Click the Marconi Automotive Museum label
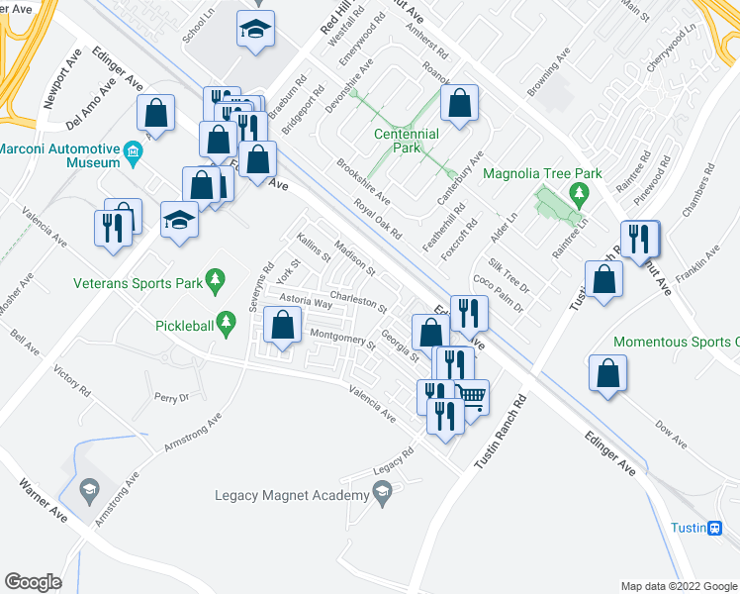point(59,155)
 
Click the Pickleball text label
point(184,324)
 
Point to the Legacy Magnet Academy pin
point(382,494)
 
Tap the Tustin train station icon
point(715,528)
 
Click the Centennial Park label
point(406,141)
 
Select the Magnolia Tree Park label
point(542,174)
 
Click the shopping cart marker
point(473,397)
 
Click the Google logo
point(34,581)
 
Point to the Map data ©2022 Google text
point(678,586)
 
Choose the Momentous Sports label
point(676,343)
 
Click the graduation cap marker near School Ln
point(255,32)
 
